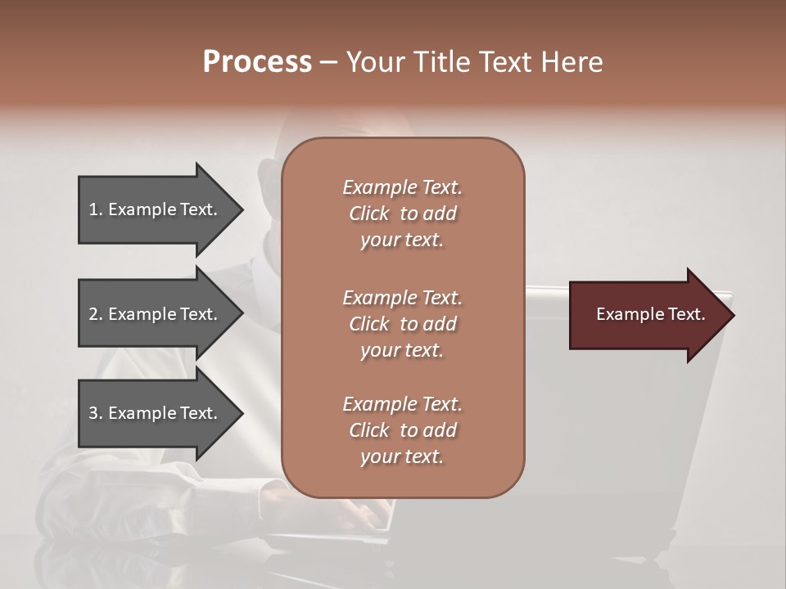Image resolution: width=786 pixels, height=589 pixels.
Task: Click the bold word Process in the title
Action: [x=257, y=62]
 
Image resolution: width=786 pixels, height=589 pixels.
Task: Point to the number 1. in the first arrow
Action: [x=96, y=209]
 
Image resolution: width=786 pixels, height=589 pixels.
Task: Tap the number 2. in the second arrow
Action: [x=96, y=314]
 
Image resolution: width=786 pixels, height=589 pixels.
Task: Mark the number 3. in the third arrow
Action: [x=96, y=413]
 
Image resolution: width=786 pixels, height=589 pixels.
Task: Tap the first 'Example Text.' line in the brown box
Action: [x=402, y=187]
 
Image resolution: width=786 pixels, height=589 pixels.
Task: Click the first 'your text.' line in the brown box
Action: [x=402, y=240]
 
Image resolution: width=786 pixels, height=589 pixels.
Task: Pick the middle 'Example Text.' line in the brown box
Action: [x=402, y=298]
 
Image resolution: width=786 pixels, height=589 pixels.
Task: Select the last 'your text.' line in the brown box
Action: [x=402, y=456]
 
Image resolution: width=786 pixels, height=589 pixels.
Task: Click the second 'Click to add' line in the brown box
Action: [x=402, y=324]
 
